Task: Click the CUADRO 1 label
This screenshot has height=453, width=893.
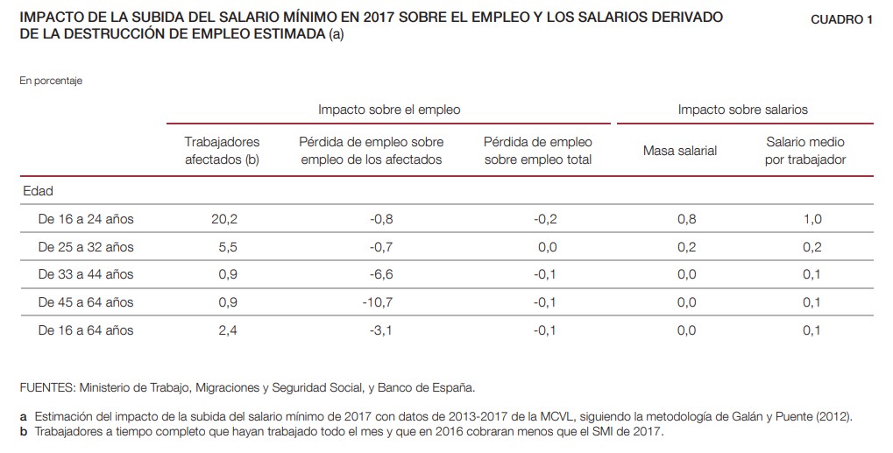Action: tap(841, 20)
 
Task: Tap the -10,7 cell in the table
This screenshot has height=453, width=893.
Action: tap(382, 302)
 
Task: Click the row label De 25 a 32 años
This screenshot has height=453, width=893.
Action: tap(86, 247)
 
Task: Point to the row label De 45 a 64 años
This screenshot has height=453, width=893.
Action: tap(86, 302)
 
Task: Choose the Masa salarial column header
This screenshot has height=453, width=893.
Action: tap(679, 151)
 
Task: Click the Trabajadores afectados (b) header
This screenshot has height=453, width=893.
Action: tap(223, 151)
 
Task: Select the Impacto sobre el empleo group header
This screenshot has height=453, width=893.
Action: tap(389, 110)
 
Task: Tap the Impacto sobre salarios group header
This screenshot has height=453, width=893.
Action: tap(742, 110)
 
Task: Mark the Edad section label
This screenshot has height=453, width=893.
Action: tap(38, 191)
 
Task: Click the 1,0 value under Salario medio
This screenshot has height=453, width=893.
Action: tap(812, 219)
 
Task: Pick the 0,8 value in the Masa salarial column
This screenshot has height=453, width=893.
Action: tap(687, 219)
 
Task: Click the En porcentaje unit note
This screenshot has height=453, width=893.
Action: tap(50, 81)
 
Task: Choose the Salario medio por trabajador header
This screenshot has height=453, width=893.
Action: tap(804, 151)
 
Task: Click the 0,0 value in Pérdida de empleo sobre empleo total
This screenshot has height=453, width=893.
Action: tap(547, 247)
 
